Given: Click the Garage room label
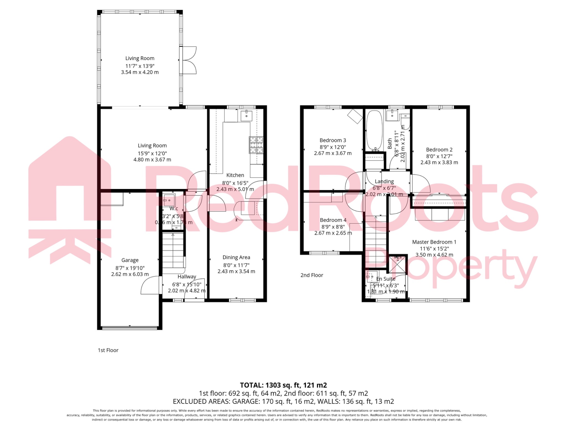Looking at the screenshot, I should [130, 260].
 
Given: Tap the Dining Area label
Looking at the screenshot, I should [236, 257].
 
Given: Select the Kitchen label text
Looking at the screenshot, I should [235, 175].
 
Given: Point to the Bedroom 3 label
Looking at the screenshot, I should [333, 140].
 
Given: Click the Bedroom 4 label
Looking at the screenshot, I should [333, 220].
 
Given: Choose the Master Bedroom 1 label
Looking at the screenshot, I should [434, 242].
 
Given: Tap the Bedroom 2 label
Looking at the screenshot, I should [439, 150].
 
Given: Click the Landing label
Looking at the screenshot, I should [384, 181].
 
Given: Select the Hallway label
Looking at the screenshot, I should [187, 276].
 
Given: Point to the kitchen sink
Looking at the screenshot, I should [246, 116].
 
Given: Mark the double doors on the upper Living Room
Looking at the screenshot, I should [188, 60].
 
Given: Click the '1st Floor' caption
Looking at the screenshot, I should [108, 350].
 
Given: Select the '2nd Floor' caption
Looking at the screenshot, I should [312, 275].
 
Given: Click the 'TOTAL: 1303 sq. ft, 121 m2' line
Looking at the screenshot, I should [283, 385].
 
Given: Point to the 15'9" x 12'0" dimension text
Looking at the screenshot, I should [152, 153].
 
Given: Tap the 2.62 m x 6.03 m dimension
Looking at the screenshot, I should [130, 274].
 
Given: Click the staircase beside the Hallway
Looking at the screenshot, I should [173, 250].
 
